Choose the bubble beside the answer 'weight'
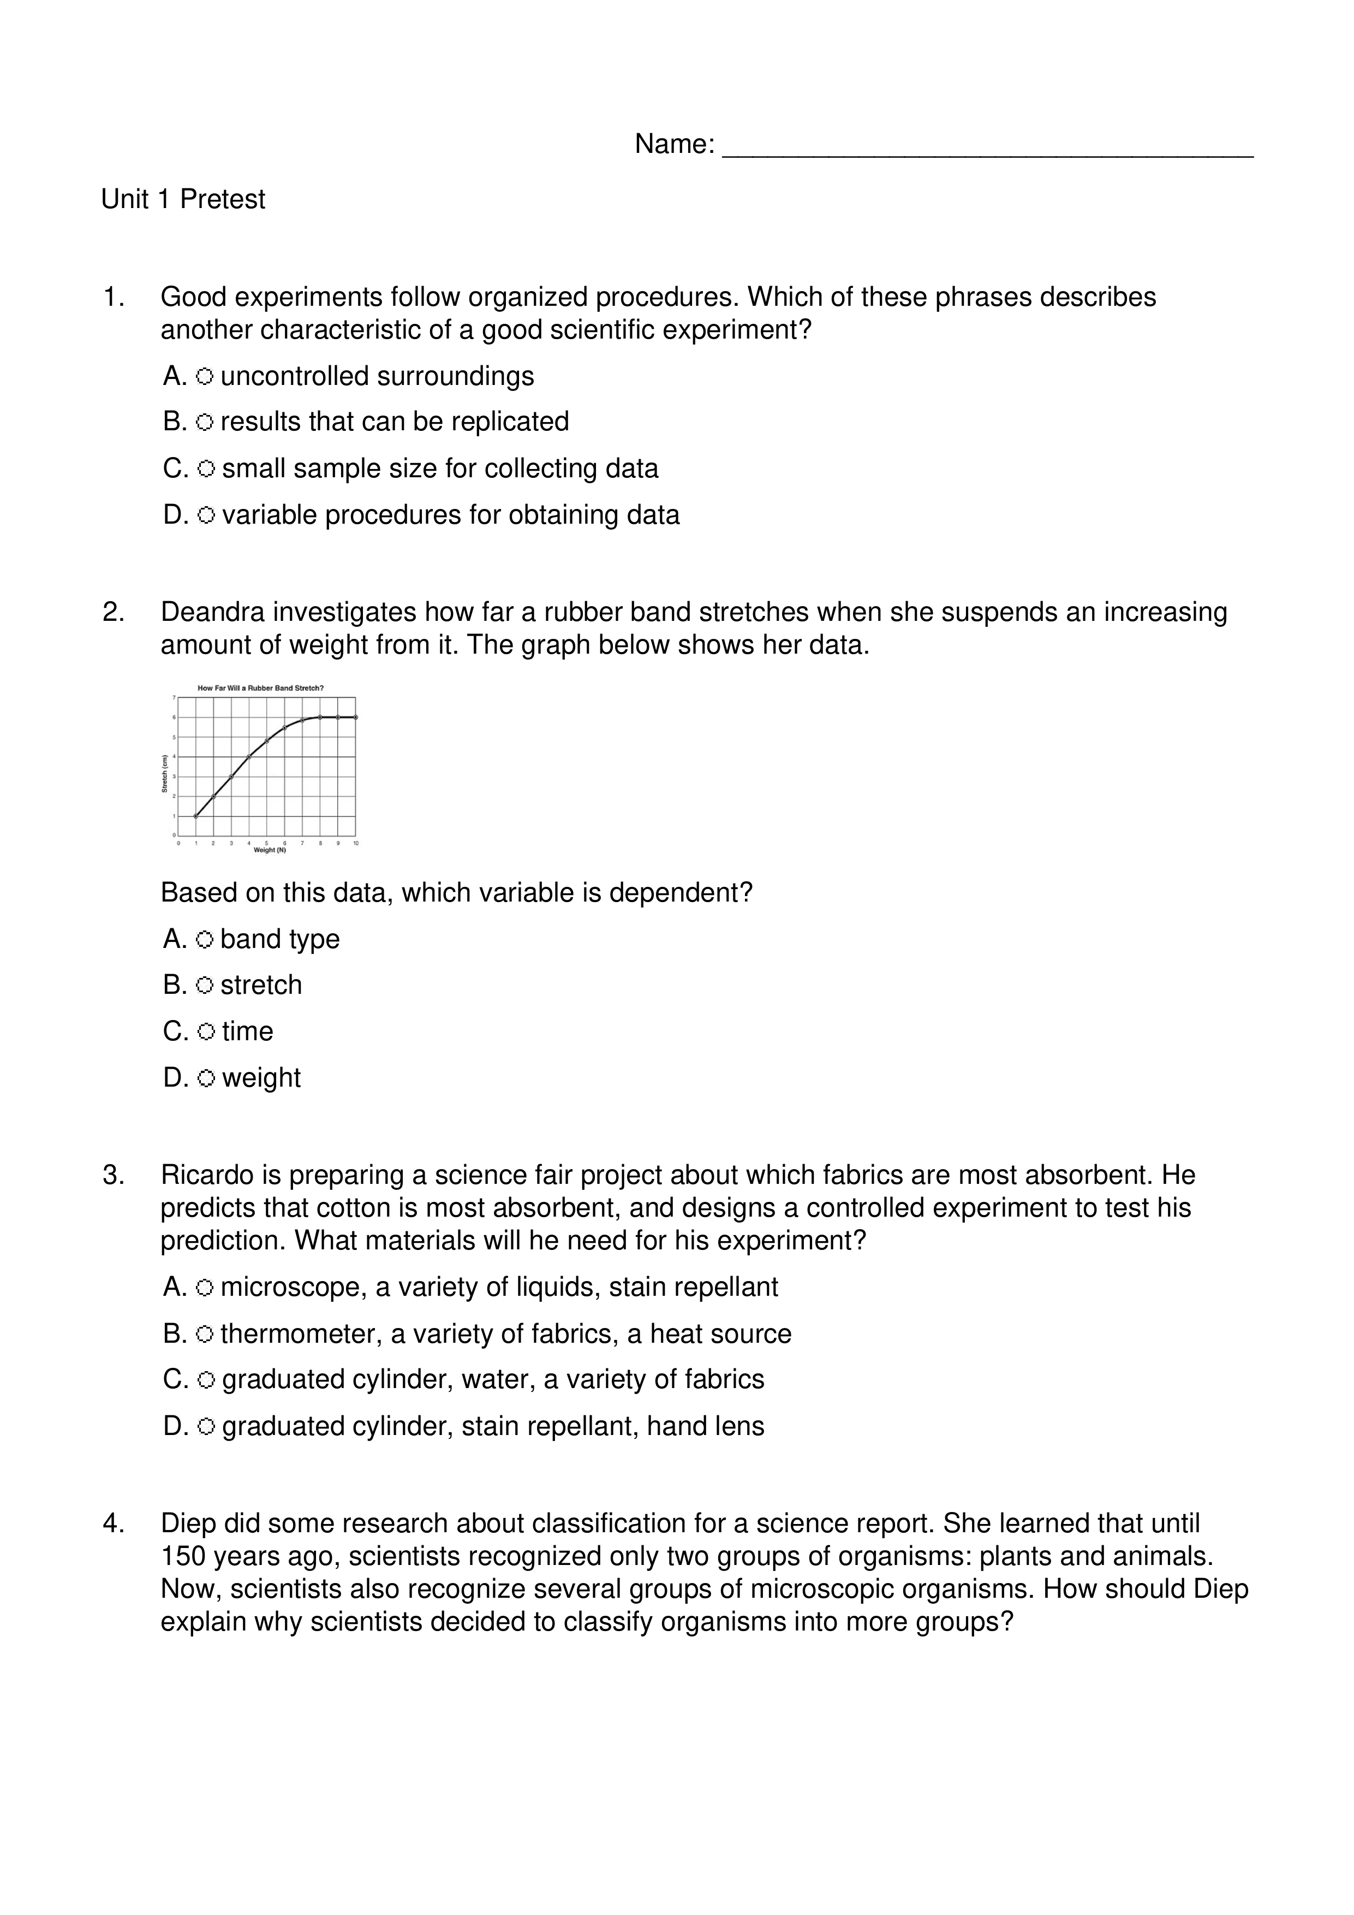[x=206, y=1078]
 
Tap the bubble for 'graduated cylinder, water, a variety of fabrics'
[x=206, y=1380]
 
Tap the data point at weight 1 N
[x=196, y=816]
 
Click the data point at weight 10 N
[x=356, y=718]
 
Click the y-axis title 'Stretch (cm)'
[x=165, y=773]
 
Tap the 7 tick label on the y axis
[x=174, y=697]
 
